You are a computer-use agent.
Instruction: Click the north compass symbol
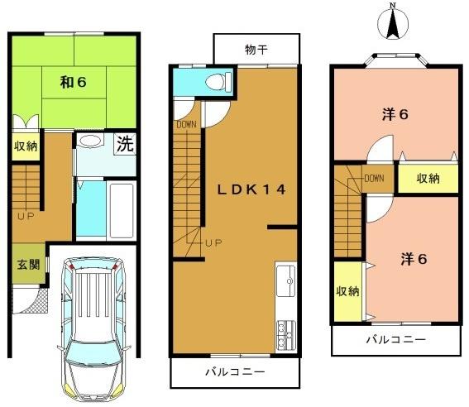tap(394, 23)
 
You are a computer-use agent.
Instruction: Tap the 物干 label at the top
tap(256, 49)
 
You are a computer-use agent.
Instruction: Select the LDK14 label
tap(251, 189)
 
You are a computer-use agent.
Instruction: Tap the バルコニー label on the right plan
tap(396, 339)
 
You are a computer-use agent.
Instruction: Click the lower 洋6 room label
tap(414, 258)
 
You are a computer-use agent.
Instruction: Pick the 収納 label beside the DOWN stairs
tap(428, 178)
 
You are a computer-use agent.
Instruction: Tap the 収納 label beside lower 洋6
tap(347, 290)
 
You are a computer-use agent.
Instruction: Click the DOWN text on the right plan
tap(374, 177)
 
